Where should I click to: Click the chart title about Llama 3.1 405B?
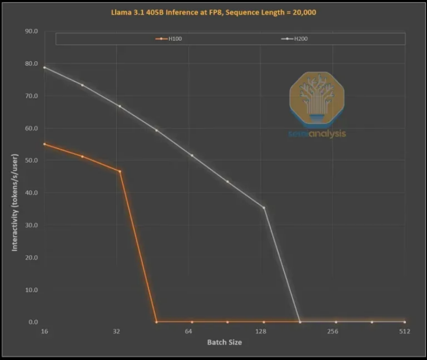coord(214,12)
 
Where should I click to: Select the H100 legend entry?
coord(169,39)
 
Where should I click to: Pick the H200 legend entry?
coord(294,39)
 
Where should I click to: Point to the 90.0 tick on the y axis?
coord(31,31)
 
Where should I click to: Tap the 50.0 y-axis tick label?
coord(31,160)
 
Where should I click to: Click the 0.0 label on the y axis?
coord(33,322)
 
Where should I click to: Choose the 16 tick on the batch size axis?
coord(44,331)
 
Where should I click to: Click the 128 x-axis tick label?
coord(261,331)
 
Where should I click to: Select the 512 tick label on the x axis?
coord(405,331)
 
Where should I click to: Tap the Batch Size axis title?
coord(225,343)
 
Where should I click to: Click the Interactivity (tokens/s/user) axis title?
coord(15,203)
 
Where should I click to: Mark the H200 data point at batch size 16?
coord(45,67)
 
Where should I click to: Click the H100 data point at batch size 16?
coord(45,144)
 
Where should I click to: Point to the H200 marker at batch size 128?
coord(264,208)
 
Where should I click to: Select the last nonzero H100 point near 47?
coord(120,171)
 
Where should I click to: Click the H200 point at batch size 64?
coord(192,155)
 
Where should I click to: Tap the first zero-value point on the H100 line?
coord(156,322)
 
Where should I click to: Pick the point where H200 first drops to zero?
coord(300,322)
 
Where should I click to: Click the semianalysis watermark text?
coord(317,134)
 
